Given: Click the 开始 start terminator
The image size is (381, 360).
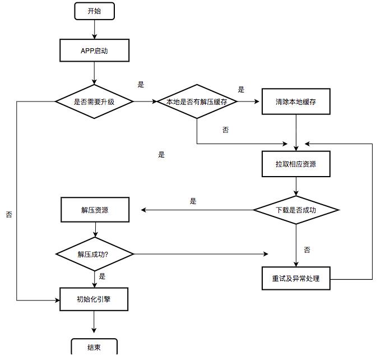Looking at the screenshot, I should [x=94, y=11].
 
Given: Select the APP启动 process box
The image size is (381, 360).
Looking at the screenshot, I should [x=94, y=50].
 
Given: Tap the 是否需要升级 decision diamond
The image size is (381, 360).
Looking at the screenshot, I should [x=94, y=101].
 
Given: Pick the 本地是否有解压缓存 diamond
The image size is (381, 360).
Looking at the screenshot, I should [x=197, y=101].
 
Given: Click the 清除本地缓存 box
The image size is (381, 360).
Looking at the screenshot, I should [x=296, y=101].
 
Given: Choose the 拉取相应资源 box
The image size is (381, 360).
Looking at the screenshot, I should [x=296, y=164].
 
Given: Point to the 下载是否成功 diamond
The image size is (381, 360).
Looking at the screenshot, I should [x=296, y=210].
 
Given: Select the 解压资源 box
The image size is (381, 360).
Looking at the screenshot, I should [x=94, y=210].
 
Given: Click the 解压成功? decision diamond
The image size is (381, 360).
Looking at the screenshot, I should [x=94, y=254].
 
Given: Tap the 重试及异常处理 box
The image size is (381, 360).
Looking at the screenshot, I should [x=296, y=278].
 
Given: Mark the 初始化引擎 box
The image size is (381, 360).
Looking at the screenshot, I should [x=94, y=299].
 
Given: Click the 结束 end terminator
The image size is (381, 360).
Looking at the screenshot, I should [x=94, y=347].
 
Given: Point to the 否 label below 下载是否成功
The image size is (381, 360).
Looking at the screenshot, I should [x=307, y=250].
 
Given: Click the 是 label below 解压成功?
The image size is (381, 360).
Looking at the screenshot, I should [x=102, y=276].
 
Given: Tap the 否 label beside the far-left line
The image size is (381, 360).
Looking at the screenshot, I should [x=9, y=214].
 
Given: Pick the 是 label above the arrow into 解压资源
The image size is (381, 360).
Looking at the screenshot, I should [x=193, y=201].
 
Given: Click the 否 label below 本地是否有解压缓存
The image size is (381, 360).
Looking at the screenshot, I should [x=225, y=130].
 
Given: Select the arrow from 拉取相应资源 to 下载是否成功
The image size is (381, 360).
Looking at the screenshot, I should [x=296, y=186].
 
